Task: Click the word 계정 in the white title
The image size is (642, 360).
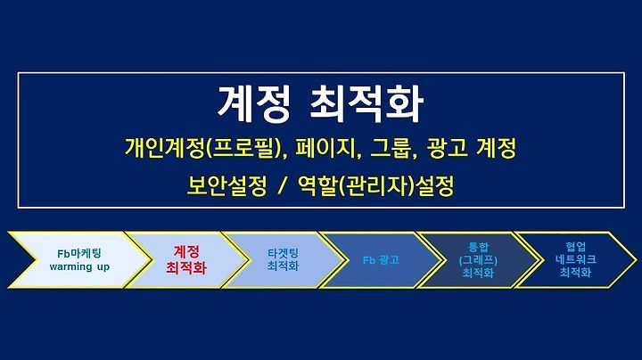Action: point(253,104)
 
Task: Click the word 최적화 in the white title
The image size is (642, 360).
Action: point(366,104)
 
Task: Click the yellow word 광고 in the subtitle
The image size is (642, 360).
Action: point(447,148)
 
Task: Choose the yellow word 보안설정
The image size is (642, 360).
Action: point(226,185)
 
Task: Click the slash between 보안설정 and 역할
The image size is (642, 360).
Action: point(282,186)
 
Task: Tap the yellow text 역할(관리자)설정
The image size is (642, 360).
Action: point(375,185)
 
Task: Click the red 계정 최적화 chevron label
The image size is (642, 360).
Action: point(186,260)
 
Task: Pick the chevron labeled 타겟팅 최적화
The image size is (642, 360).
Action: point(283,260)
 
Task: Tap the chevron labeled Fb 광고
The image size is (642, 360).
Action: point(381,260)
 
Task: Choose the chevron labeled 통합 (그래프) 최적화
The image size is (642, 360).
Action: point(478,260)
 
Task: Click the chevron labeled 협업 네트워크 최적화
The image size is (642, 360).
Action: point(575,260)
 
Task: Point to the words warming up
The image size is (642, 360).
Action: point(79,267)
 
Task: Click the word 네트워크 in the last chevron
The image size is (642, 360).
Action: point(576,259)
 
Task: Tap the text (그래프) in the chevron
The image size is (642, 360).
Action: point(478,260)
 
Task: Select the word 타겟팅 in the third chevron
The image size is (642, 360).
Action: point(283,253)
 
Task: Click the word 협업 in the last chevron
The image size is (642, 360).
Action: point(576,247)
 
